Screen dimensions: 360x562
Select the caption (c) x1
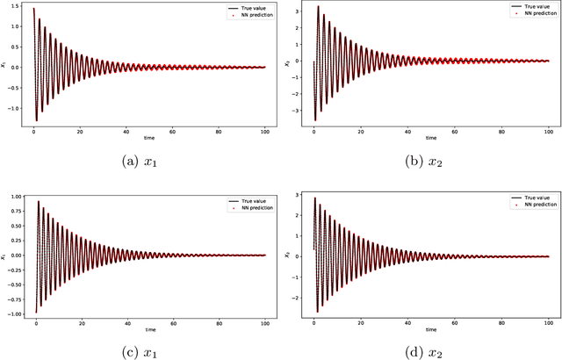145,351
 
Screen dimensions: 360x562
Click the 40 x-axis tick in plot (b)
407,133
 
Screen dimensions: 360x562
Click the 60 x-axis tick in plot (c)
175,324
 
